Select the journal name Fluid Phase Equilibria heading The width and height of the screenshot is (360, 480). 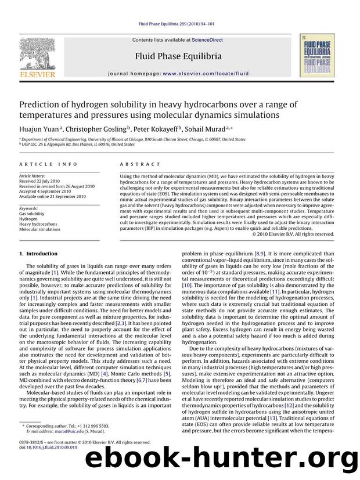pos(178,56)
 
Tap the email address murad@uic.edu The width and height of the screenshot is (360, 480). pos(71,432)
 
